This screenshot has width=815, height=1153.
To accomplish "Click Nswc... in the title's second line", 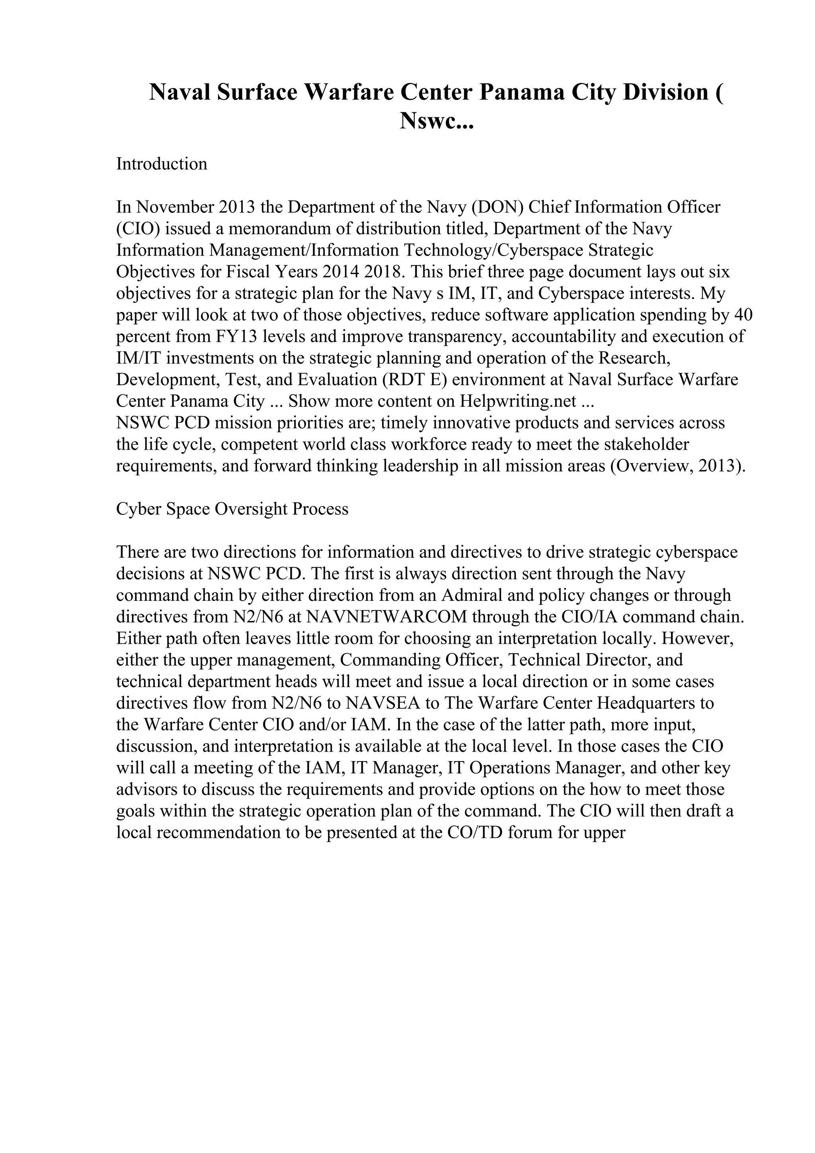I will pos(437,121).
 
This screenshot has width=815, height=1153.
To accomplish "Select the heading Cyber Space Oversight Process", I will pos(232,509).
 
